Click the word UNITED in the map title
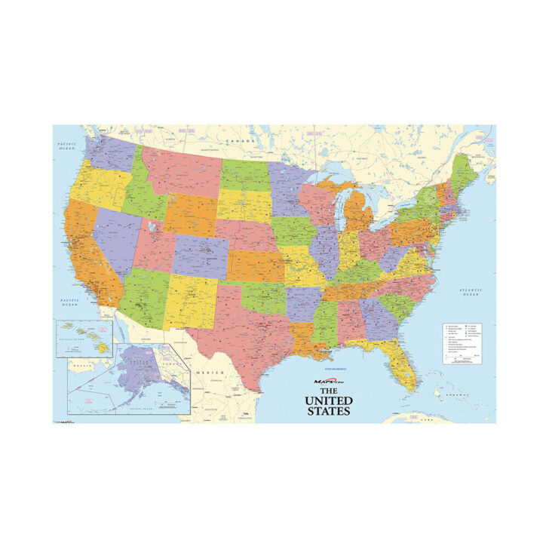[x=329, y=400]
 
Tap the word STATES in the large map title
[x=329, y=412]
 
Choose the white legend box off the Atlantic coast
[x=463, y=344]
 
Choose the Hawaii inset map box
[x=83, y=337]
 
